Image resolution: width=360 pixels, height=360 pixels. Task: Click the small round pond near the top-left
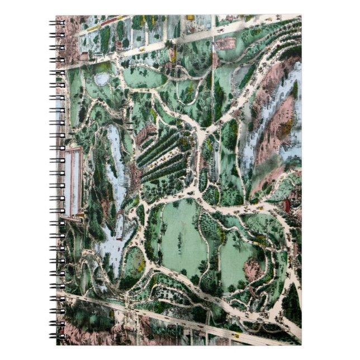coord(102,79)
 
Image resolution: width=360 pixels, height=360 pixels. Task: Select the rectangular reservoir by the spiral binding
coord(73,182)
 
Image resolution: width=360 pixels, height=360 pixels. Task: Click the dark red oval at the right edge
coord(287,205)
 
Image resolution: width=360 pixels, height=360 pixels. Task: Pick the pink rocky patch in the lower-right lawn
coord(252,269)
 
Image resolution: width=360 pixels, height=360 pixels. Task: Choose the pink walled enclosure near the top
coord(226,42)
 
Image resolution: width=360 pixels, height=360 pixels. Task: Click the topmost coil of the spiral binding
coord(58,23)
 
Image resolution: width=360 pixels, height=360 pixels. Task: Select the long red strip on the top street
coord(112,22)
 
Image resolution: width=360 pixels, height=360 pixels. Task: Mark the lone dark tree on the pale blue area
coord(294,89)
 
